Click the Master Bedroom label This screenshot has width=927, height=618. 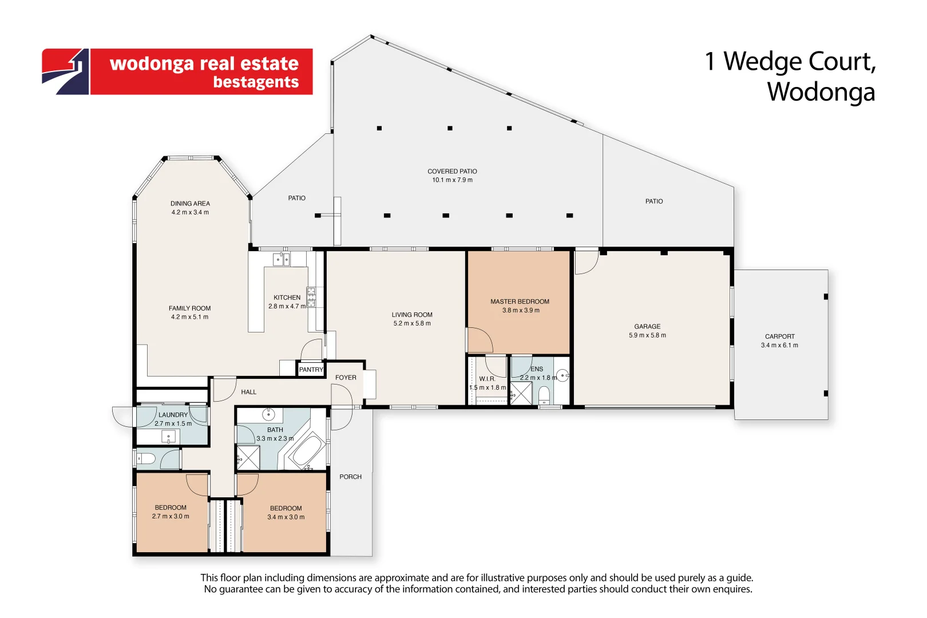(520, 302)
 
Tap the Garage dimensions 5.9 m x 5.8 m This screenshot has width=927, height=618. (647, 335)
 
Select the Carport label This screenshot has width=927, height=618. (779, 336)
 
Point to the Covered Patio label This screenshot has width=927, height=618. (452, 171)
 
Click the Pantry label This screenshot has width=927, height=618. (311, 370)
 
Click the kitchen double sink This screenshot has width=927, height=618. (281, 260)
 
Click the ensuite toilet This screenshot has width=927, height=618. (544, 395)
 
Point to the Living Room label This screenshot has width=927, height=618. (412, 315)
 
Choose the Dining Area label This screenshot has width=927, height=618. (190, 204)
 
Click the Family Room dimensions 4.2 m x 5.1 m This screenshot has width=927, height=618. (190, 317)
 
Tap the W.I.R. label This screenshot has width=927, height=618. (487, 379)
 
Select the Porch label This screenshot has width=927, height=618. (350, 477)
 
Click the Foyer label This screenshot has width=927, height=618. (346, 378)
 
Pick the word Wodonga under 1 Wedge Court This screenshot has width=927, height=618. (821, 92)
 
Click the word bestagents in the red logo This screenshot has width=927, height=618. (256, 82)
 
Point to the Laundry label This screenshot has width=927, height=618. (173, 415)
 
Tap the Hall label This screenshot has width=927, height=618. (248, 392)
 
